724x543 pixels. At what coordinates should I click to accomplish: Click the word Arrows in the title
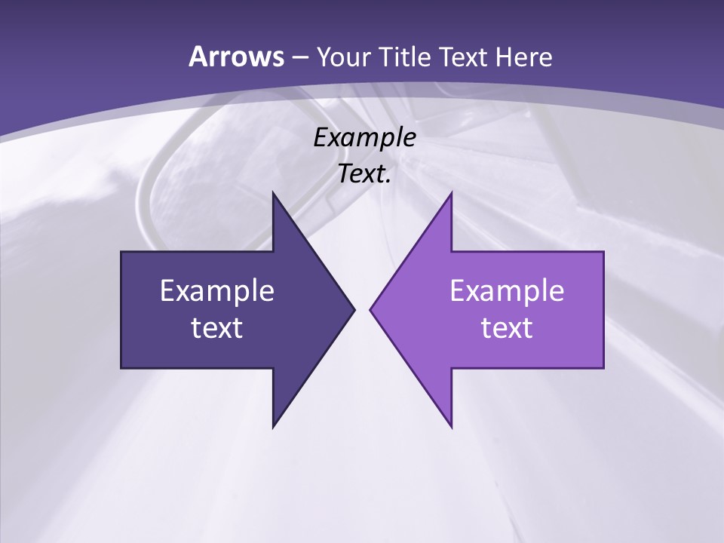235,57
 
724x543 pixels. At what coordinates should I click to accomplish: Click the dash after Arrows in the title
299,58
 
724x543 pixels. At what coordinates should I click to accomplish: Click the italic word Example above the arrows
364,137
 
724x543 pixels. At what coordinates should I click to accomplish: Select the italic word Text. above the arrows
364,173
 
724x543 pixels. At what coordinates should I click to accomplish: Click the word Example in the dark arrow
216,290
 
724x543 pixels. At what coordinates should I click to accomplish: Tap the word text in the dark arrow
216,327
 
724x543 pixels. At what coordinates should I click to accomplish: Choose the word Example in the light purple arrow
507,290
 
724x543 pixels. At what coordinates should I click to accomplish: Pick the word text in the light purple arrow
507,327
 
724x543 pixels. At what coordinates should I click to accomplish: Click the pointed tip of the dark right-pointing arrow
354,309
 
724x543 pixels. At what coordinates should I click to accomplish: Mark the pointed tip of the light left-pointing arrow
370,309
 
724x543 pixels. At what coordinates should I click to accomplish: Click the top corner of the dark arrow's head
273,192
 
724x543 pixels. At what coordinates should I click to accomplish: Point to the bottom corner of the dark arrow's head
273,427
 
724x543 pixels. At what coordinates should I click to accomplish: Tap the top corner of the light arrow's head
452,192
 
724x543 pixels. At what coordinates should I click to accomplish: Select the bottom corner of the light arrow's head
452,427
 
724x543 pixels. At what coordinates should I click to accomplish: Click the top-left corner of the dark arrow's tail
121,252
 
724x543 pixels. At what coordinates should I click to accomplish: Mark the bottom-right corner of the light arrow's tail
603,368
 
